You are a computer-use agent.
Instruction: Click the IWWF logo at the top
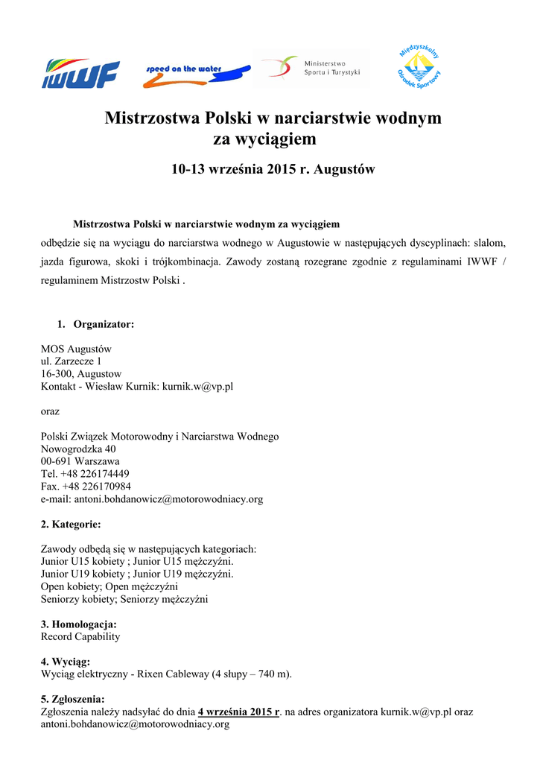pyautogui.click(x=80, y=73)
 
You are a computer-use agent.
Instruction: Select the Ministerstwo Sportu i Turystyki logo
pyautogui.click(x=311, y=68)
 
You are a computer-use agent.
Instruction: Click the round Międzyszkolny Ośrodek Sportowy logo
pyautogui.click(x=419, y=66)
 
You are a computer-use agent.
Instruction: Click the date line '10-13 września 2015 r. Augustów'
pyautogui.click(x=273, y=170)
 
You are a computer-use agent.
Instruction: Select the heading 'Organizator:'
pyautogui.click(x=104, y=324)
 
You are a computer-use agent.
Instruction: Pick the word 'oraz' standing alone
pyautogui.click(x=50, y=411)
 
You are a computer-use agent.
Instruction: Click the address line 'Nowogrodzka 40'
pyautogui.click(x=78, y=449)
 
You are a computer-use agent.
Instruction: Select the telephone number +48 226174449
pyautogui.click(x=95, y=474)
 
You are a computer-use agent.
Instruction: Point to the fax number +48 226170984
pyautogui.click(x=97, y=487)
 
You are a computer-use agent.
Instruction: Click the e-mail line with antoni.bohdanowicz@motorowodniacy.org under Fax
pyautogui.click(x=151, y=499)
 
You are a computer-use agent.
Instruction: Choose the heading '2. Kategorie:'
pyautogui.click(x=71, y=525)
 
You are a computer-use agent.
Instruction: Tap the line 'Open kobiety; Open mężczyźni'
pyautogui.click(x=109, y=586)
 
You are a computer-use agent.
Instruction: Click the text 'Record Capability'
pyautogui.click(x=80, y=637)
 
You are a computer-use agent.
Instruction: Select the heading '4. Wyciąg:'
pyautogui.click(x=66, y=662)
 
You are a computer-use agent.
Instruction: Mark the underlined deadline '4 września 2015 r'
pyautogui.click(x=238, y=712)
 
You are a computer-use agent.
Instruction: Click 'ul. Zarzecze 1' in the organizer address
pyautogui.click(x=71, y=361)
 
